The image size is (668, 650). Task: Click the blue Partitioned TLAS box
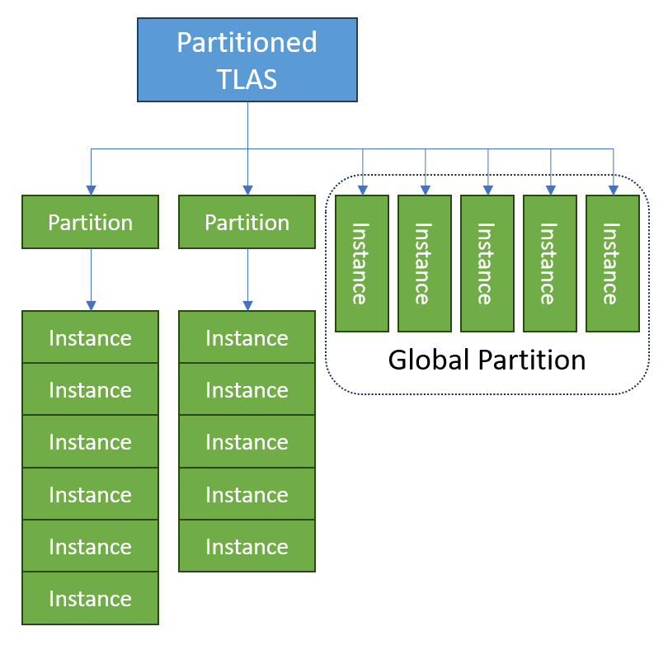[247, 60]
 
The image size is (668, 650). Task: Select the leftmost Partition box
[90, 222]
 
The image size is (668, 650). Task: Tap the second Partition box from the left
[247, 222]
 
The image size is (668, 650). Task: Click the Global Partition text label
[487, 360]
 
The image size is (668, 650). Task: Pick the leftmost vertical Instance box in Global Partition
[361, 264]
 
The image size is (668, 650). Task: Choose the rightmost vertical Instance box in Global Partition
[612, 264]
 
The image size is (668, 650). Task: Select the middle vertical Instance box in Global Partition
[487, 264]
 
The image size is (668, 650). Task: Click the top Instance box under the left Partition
[90, 337]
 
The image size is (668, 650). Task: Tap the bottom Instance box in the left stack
[90, 598]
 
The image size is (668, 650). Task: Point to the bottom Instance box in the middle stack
[247, 546]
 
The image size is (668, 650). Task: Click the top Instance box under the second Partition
[247, 337]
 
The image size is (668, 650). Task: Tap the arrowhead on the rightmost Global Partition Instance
[613, 191]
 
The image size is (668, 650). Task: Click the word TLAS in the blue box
[247, 79]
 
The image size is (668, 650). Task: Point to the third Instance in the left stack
[90, 442]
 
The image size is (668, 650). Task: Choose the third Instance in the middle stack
[247, 442]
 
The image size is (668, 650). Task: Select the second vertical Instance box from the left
[424, 264]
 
